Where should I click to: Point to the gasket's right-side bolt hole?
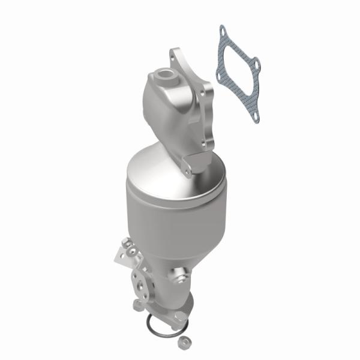256,62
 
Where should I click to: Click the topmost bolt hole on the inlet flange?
173,54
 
